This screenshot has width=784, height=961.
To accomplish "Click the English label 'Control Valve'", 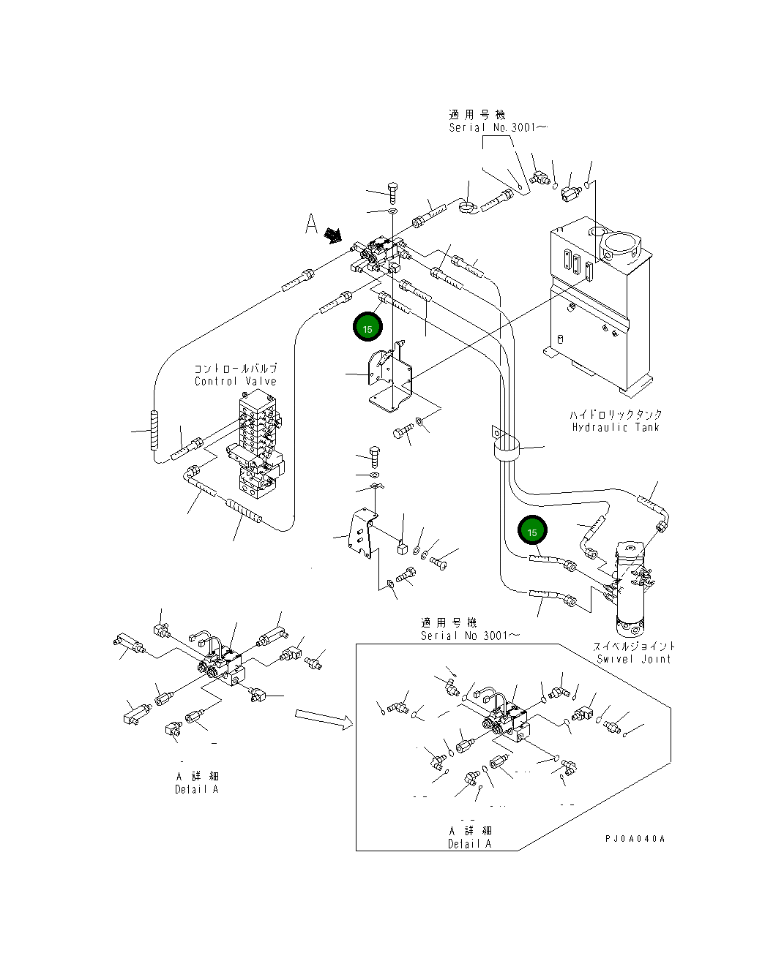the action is pos(235,381).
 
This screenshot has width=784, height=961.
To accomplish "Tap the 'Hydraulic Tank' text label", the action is pos(616,427).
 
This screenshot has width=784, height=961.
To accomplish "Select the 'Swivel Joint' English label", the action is pos(634,659).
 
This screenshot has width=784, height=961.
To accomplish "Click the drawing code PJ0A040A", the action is pos(635,839).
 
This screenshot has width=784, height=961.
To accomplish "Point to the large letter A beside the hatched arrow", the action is pos(311,224).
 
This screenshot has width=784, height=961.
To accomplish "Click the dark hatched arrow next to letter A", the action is pos(333,235).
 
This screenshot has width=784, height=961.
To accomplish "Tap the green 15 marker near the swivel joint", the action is pos(532,530).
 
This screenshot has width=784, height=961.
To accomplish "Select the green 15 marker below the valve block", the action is pos(367,327).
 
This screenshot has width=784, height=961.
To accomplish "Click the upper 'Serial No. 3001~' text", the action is pos(498,127).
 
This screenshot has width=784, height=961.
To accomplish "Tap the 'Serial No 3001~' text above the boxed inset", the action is pos(470,636).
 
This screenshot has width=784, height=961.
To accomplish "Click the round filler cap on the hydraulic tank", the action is pos(621,248).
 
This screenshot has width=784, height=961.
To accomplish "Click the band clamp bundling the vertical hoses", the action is pos(506,448).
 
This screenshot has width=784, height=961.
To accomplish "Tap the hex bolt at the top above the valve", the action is pos(392,192).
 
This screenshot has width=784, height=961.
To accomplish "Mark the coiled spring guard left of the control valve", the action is pos(154,430).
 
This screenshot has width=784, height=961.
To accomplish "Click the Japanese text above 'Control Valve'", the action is pos(235,369).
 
